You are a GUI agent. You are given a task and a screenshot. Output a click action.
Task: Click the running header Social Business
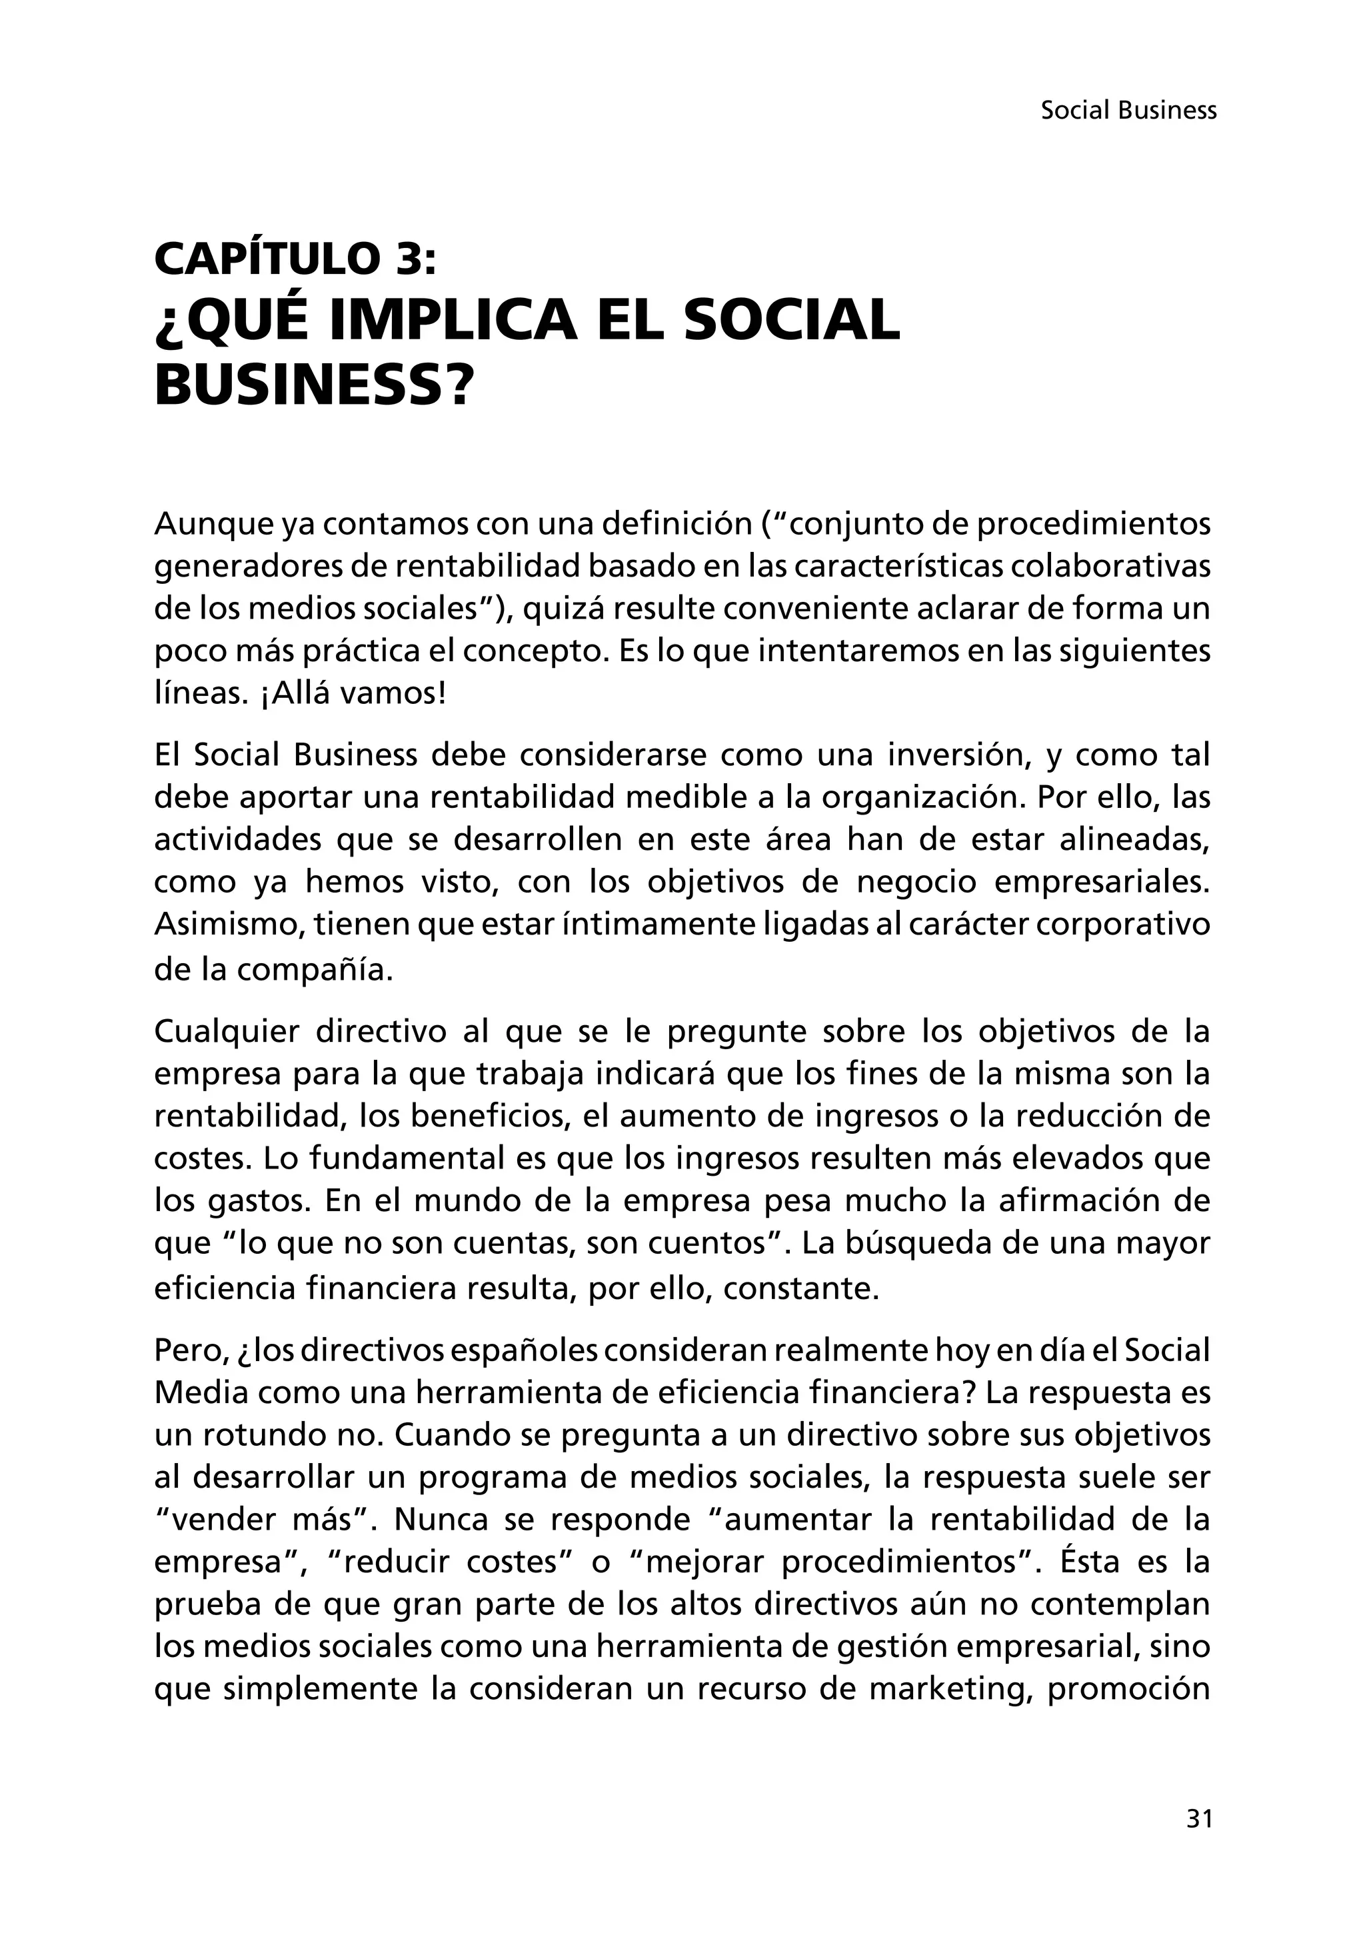pyautogui.click(x=1128, y=111)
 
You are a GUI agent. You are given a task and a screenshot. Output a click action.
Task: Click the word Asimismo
pyautogui.click(x=228, y=925)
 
